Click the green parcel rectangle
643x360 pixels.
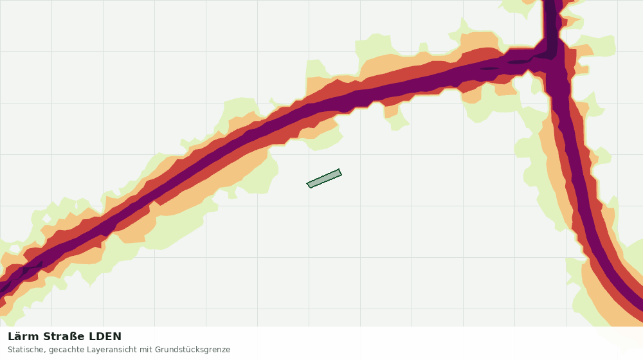click(x=324, y=178)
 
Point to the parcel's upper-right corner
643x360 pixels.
click(x=339, y=169)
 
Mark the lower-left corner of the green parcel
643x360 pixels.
click(x=310, y=188)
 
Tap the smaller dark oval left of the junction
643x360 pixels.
click(x=489, y=69)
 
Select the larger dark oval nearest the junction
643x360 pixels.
click(x=518, y=62)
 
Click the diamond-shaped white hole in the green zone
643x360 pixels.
click(x=77, y=204)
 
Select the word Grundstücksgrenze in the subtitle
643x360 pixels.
click(x=192, y=350)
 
